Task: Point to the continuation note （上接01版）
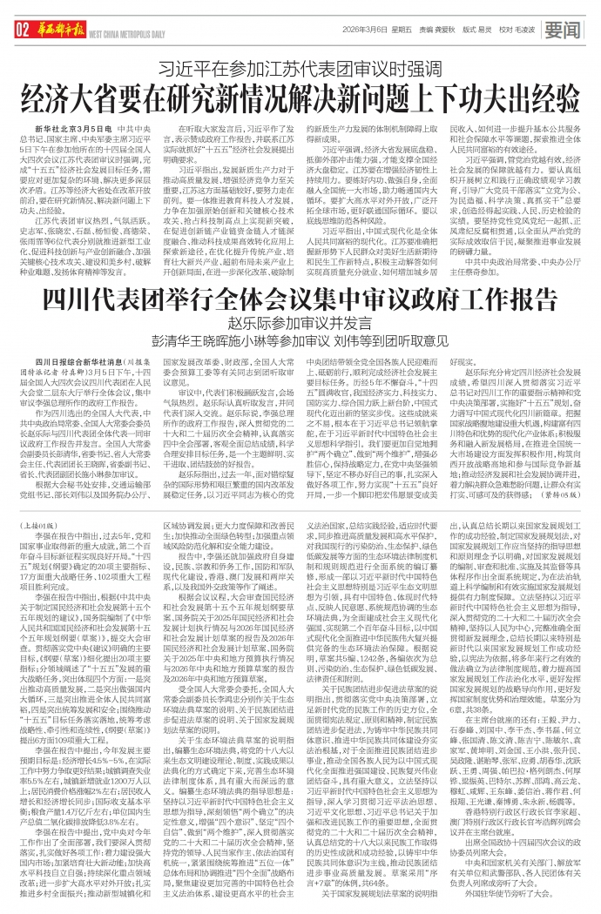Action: [x=38, y=501]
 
